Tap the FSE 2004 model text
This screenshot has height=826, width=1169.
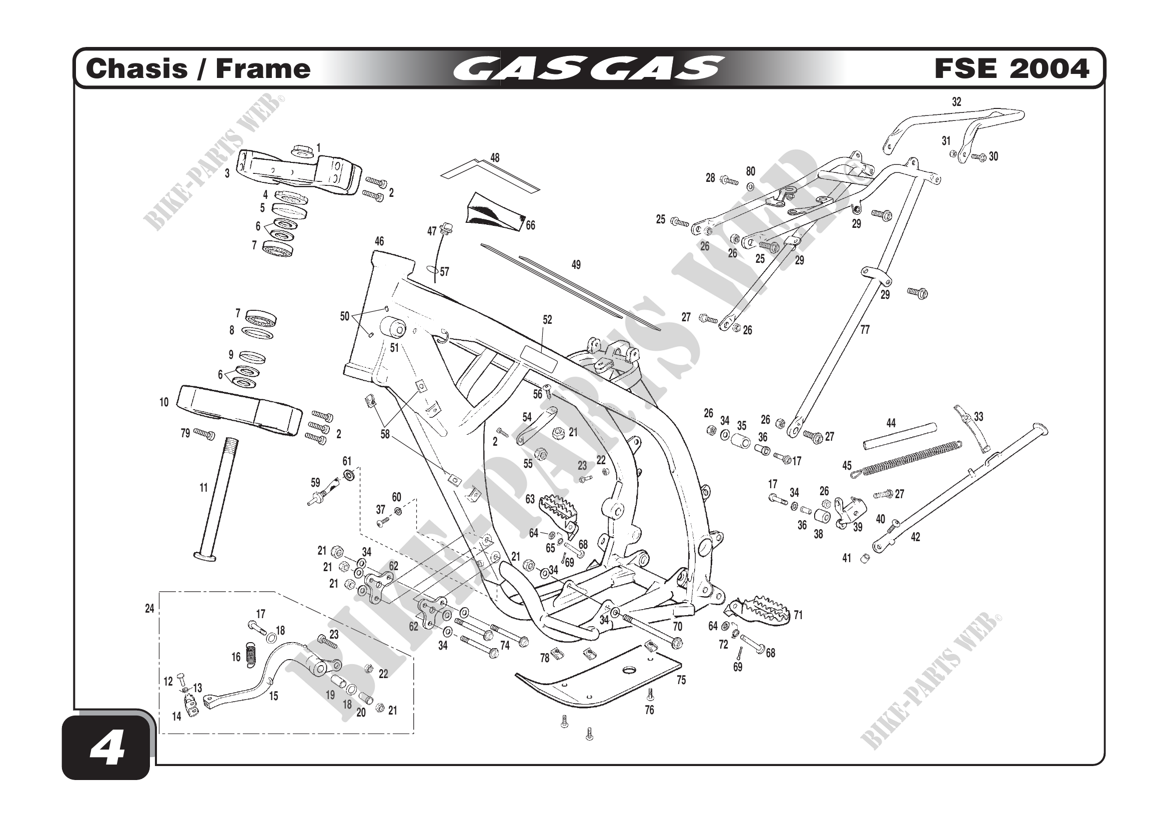pyautogui.click(x=1011, y=68)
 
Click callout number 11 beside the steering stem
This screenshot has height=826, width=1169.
pyautogui.click(x=203, y=488)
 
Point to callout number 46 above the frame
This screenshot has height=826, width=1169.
pyautogui.click(x=379, y=241)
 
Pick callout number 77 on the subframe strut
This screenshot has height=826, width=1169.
pyautogui.click(x=865, y=330)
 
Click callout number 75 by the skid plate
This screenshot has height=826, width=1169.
pyautogui.click(x=681, y=680)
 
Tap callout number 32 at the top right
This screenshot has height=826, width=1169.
pyautogui.click(x=957, y=102)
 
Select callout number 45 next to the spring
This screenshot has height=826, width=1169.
pyautogui.click(x=847, y=466)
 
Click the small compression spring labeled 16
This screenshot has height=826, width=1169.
pyautogui.click(x=250, y=655)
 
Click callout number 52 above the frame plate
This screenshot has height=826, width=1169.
pyautogui.click(x=547, y=320)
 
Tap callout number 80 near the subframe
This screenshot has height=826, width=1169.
pyautogui.click(x=751, y=171)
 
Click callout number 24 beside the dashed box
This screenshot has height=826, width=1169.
pyautogui.click(x=149, y=608)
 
